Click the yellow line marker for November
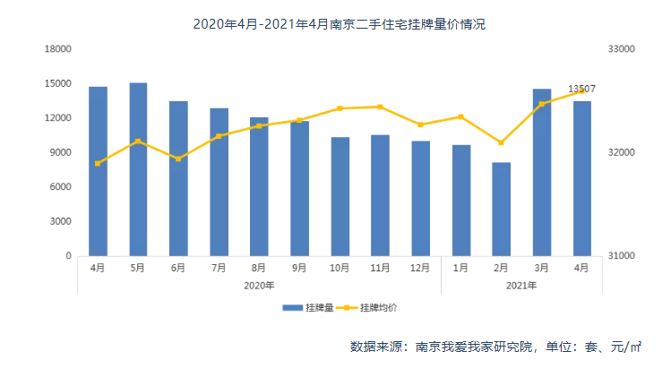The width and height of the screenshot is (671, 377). (x=380, y=107)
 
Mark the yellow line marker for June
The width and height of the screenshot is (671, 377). (x=178, y=159)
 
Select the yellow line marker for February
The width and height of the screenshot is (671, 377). (x=501, y=142)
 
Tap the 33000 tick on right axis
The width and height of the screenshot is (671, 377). (x=622, y=49)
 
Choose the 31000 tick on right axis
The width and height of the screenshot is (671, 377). (x=622, y=256)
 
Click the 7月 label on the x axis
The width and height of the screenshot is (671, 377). (x=219, y=268)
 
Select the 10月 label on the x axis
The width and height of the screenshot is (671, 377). (x=340, y=268)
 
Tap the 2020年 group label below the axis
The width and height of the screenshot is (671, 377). (x=259, y=286)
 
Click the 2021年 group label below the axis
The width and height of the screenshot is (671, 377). (x=520, y=286)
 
